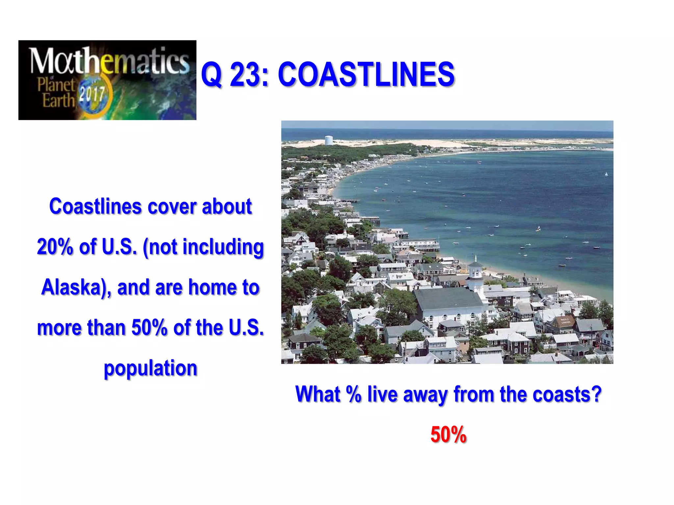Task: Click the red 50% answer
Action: tap(448, 434)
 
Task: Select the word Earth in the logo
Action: tap(58, 100)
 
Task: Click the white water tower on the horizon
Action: tap(328, 140)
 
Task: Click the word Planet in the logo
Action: tap(56, 84)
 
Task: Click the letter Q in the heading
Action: tap(211, 75)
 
